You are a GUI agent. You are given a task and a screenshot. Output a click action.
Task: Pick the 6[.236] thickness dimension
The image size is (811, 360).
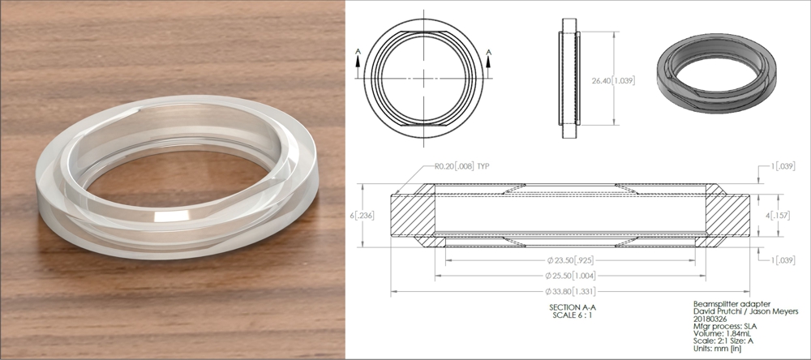[369, 215]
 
